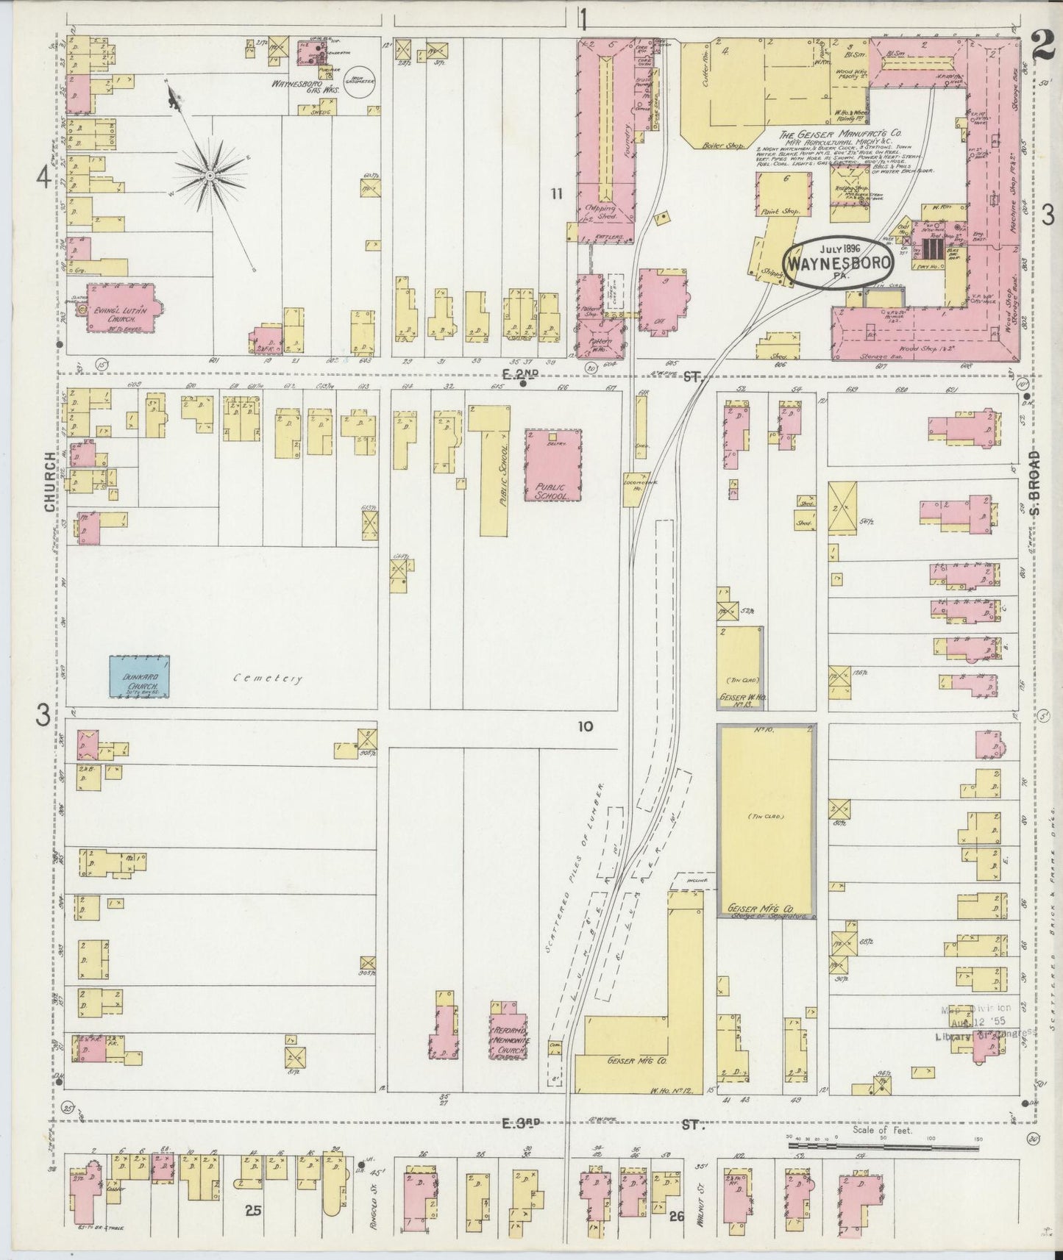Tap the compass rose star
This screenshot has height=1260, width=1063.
210,176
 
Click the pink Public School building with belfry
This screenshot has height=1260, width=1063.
553,465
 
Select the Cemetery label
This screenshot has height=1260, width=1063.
268,679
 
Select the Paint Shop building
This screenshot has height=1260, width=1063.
785,194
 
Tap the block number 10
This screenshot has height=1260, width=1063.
585,726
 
